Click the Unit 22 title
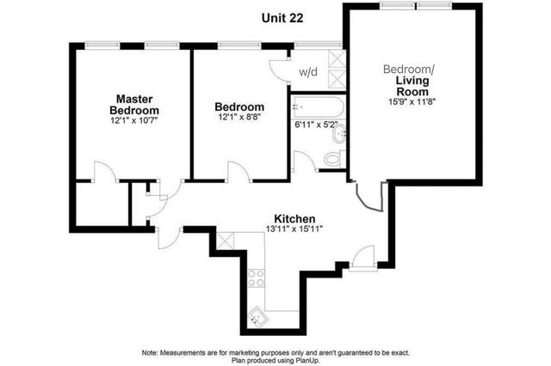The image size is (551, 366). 282,18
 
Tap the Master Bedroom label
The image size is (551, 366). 134,105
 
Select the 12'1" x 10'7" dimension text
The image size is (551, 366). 134,120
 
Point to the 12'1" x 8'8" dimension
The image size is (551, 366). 239,117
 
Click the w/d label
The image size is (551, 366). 308,72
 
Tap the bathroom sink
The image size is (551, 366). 339,135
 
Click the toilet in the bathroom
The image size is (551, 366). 334,159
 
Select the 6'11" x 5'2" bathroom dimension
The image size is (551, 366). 316,125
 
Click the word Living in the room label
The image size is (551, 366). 412,81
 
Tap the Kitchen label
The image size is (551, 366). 294,219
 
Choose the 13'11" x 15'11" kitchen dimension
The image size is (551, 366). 294,229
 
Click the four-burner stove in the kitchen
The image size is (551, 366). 256,278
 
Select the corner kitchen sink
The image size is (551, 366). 258,317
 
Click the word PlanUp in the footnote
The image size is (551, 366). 308,360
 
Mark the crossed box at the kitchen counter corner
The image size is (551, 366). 226,241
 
